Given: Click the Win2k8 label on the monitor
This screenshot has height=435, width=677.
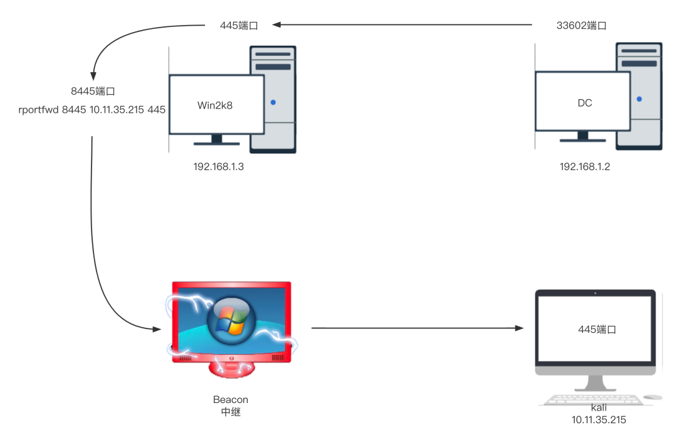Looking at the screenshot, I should click(215, 105).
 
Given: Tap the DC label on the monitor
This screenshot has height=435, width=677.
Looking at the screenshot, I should click(584, 103).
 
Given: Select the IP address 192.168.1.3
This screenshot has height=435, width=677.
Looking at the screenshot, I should click(219, 167).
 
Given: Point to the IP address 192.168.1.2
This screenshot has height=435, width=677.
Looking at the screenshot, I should click(584, 167).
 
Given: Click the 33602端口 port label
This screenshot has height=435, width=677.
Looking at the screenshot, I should click(581, 26).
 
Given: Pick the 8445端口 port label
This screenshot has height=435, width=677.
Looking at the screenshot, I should click(93, 92).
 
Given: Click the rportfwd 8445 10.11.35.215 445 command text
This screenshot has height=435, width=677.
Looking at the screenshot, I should click(92, 109).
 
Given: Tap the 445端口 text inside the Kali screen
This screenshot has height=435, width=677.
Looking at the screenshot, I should click(597, 329).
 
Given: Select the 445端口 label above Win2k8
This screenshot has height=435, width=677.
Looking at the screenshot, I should click(239, 26).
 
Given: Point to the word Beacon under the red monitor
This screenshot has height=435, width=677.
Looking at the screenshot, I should click(230, 399).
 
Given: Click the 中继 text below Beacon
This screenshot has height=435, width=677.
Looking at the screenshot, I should click(230, 412).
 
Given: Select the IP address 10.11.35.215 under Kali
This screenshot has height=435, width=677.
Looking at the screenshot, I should click(598, 419).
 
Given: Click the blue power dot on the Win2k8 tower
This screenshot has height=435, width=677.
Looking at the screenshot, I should click(273, 102).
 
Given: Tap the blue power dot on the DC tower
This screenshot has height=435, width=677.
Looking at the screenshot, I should click(639, 98).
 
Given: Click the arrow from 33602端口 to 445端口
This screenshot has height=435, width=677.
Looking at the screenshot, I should click(401, 25).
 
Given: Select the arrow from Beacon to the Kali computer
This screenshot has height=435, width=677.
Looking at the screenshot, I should click(417, 328).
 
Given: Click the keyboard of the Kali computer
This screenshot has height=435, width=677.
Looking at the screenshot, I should click(589, 399).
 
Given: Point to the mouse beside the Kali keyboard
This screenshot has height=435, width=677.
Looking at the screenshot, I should click(653, 397).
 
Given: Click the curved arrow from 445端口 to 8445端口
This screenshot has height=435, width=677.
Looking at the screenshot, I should click(125, 38).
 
